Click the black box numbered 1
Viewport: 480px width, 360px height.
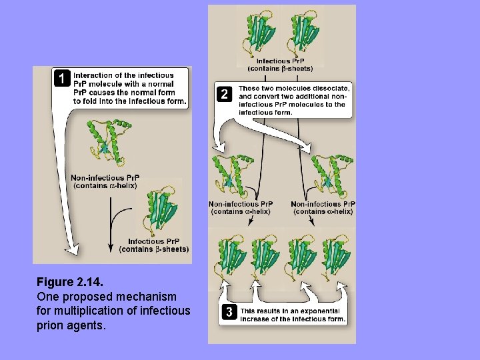point(62,79)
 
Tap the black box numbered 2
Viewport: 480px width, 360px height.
point(225,95)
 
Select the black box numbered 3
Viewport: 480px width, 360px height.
point(229,311)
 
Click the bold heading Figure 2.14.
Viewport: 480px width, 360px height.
point(70,281)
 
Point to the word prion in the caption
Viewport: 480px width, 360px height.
point(51,325)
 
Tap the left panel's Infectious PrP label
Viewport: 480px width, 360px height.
point(155,245)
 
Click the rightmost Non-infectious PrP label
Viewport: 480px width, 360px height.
point(323,207)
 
